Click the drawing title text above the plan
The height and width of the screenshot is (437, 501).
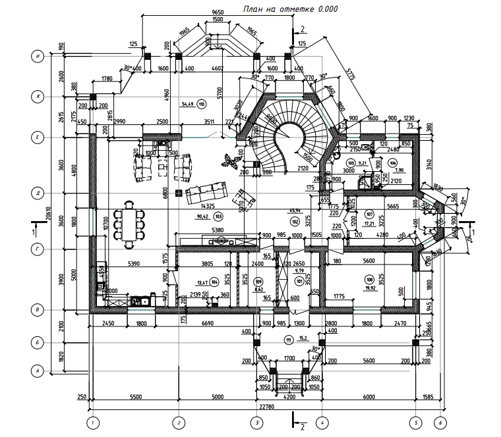[x=291, y=9]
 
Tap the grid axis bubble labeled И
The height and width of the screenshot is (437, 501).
[x=39, y=57]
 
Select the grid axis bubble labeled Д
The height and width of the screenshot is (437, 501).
[x=39, y=193]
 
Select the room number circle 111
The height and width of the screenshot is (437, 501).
[x=288, y=340]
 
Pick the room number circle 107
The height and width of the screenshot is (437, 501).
[x=369, y=215]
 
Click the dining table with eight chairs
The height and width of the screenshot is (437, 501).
[x=128, y=226]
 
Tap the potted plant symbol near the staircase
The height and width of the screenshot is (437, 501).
[x=230, y=161]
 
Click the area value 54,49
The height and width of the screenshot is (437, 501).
[x=187, y=104]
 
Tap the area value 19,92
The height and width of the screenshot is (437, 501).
[x=369, y=288]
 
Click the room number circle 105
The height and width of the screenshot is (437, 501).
[x=351, y=163]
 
